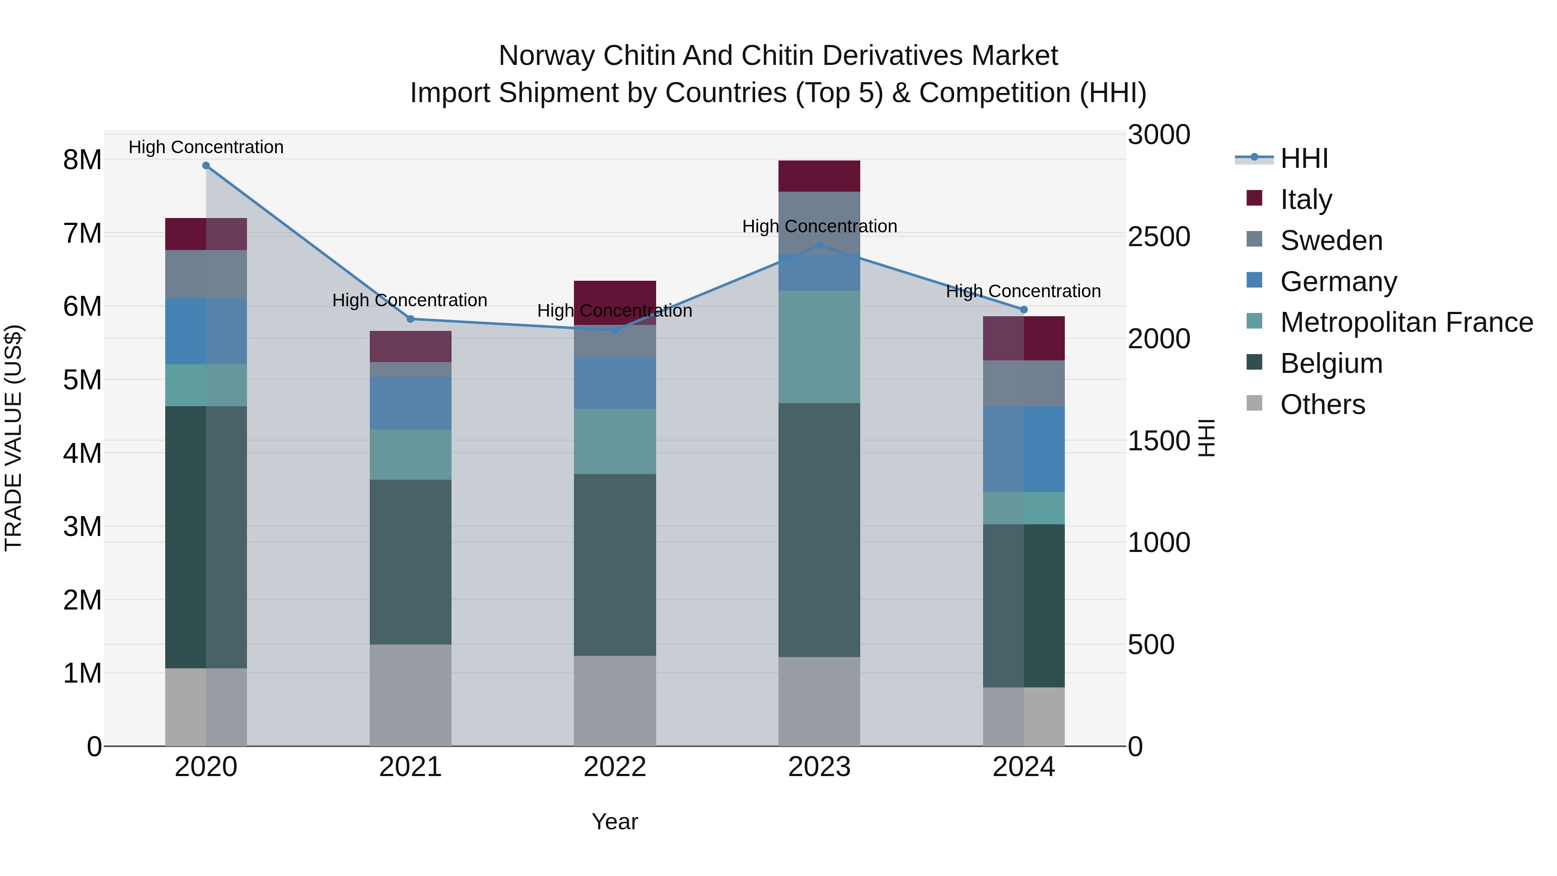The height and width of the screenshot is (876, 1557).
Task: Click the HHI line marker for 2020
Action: [206, 166]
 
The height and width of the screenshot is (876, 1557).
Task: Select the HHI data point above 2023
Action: [820, 245]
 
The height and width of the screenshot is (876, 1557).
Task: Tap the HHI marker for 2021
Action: [410, 318]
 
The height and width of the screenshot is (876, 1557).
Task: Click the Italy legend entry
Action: [1306, 199]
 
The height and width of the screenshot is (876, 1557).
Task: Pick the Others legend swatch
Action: [1254, 403]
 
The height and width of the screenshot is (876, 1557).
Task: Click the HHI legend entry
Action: [1304, 158]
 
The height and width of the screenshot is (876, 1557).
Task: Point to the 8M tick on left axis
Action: [82, 160]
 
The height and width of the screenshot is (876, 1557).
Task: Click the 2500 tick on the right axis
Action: [1159, 237]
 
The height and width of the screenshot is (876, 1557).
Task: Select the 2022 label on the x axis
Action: [615, 767]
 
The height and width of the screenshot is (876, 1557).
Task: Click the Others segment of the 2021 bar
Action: [410, 695]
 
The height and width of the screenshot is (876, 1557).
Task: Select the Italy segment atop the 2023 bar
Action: [819, 176]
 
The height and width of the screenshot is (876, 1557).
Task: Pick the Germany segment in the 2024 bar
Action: [1023, 449]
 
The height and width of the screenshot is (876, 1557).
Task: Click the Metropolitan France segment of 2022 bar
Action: [615, 441]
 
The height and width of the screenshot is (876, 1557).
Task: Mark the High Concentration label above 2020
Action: [206, 147]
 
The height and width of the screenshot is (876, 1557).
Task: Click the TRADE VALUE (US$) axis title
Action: [13, 438]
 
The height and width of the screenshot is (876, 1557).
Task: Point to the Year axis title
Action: [615, 821]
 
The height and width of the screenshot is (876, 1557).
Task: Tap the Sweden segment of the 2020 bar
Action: [206, 273]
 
